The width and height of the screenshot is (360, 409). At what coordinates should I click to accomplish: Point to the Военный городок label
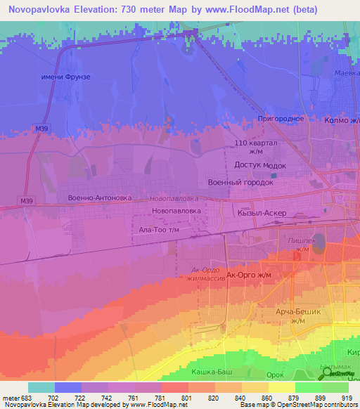[240, 182]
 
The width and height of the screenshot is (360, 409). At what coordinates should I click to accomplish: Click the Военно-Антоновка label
[99, 197]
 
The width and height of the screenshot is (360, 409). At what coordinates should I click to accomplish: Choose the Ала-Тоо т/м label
[160, 230]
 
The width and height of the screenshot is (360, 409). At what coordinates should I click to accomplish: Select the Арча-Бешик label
[298, 311]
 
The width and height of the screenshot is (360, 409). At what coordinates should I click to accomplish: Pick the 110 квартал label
[256, 143]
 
